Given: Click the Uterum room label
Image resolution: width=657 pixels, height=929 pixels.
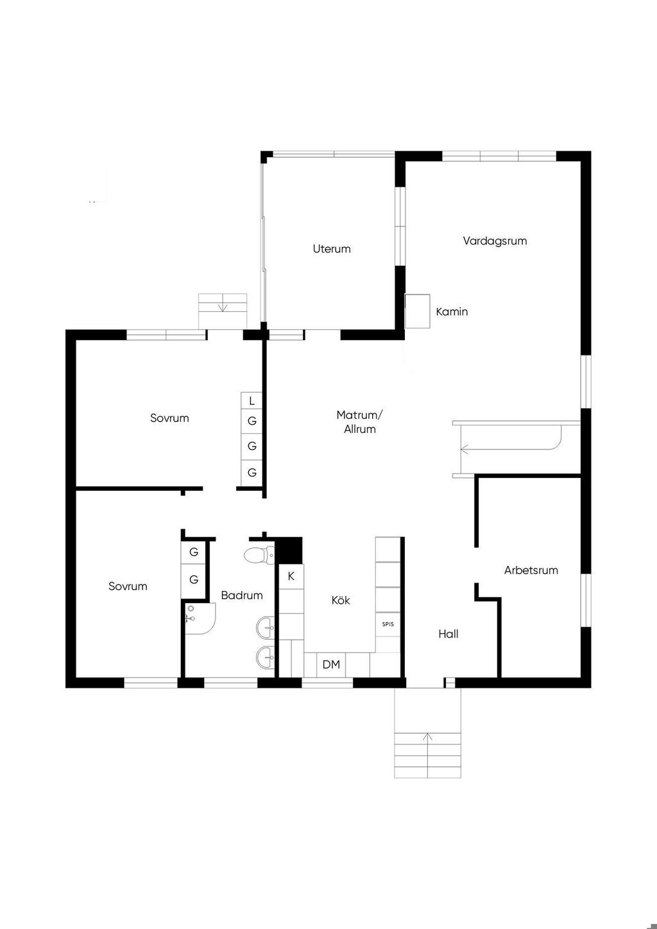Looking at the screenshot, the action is pos(332,249).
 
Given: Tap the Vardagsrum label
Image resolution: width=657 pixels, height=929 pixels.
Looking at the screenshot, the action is pos(495,241).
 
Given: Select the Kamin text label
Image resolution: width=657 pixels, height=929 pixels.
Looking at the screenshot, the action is pos(452,311).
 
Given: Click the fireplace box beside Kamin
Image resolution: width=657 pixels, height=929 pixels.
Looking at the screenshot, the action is pos(417,311).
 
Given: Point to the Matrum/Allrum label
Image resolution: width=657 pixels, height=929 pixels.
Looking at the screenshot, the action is pos(359,422).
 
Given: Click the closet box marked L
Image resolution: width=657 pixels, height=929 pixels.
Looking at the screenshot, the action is pos(252,401).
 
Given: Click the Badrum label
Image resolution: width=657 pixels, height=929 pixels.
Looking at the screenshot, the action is pos(242,595).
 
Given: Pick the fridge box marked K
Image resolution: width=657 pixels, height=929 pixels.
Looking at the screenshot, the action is pos(291,576).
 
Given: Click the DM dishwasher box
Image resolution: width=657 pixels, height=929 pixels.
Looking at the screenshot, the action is pos(331,665).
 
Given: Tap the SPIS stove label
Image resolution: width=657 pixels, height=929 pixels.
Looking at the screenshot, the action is pos(388,624).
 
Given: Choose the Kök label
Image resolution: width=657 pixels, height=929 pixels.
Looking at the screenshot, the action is pos(341,600).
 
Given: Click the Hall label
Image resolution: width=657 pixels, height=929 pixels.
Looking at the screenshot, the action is pos(448,634).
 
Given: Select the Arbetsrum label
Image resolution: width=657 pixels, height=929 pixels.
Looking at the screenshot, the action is pos(531,570).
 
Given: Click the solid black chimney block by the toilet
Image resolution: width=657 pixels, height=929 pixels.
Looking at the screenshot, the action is pos(289,550).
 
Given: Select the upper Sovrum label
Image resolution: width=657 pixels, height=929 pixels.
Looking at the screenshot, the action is pos(169,418).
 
